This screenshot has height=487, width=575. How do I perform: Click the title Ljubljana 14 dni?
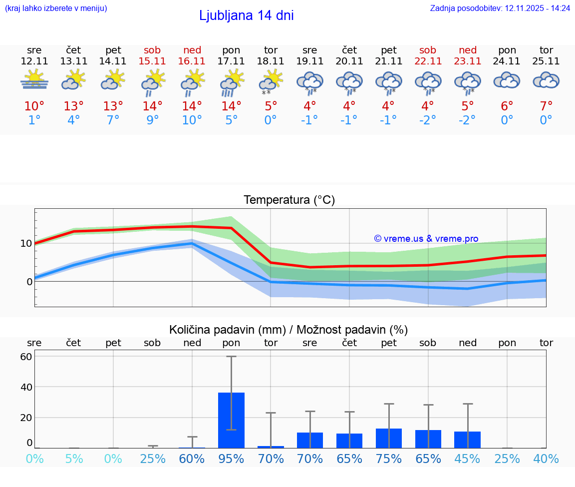(246, 15)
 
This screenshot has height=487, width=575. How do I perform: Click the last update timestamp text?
(500, 8)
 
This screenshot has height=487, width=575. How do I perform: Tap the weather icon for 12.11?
(34, 80)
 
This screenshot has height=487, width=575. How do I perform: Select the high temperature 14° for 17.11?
(231, 106)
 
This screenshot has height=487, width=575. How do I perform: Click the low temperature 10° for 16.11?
(192, 120)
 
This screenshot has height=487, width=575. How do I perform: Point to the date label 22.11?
(428, 61)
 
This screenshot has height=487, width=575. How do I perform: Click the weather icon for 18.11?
(271, 81)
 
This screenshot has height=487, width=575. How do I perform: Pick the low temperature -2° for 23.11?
(468, 120)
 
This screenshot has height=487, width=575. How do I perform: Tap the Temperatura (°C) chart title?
(289, 200)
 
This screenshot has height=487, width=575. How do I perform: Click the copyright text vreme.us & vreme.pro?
(426, 239)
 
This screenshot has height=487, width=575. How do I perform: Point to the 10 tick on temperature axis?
(26, 244)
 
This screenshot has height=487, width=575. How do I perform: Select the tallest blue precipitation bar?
(231, 420)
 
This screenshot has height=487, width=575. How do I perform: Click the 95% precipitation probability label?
(231, 459)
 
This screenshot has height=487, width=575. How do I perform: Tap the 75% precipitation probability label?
(389, 459)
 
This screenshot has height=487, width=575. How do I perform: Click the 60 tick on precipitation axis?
(26, 357)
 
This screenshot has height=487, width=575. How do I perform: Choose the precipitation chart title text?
(288, 330)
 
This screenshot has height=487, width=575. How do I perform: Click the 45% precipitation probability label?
(468, 459)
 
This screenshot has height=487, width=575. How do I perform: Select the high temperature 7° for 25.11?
(546, 106)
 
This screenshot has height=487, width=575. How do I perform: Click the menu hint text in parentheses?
(56, 8)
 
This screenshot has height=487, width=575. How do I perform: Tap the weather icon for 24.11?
(507, 80)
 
